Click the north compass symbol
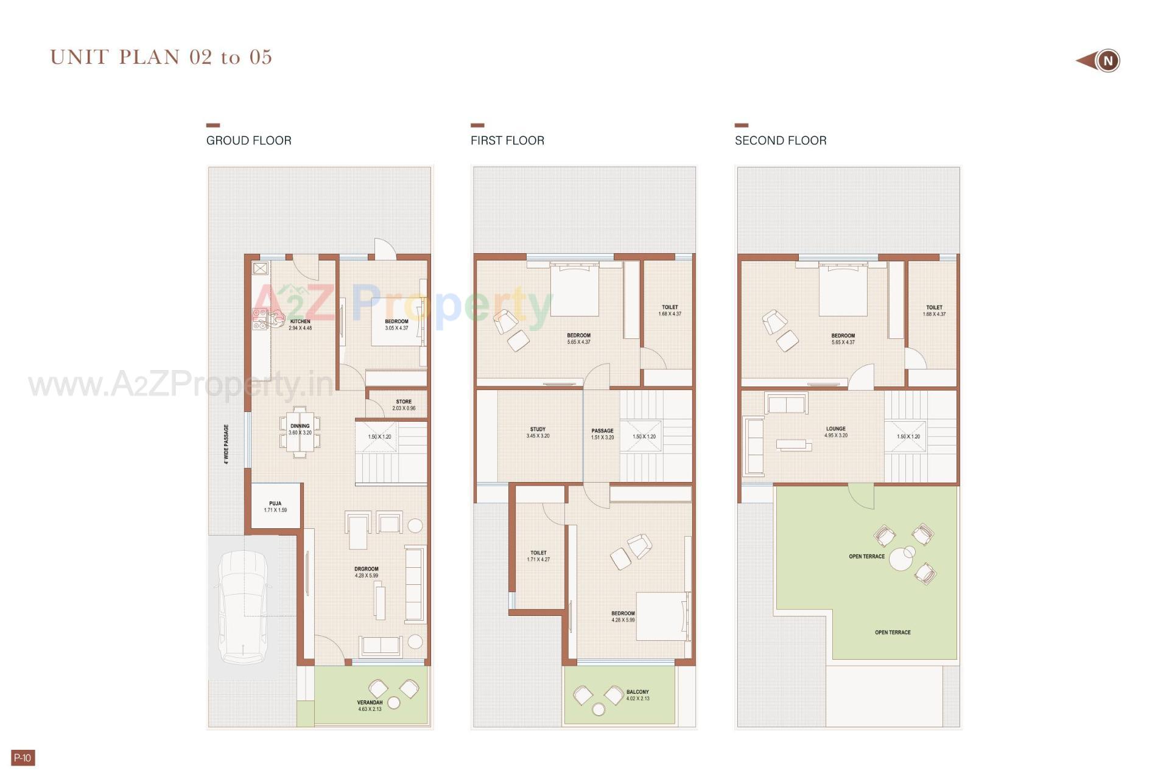click(x=1108, y=61)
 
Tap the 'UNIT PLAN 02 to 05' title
click(x=161, y=57)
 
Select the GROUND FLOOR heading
click(x=248, y=141)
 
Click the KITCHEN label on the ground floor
click(x=300, y=321)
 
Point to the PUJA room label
click(x=275, y=504)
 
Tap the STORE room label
click(x=404, y=402)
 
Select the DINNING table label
click(x=300, y=426)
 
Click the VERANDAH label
click(x=370, y=703)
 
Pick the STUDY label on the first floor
click(x=538, y=429)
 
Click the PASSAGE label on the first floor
click(x=602, y=431)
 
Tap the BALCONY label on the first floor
click(x=637, y=692)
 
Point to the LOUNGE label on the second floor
click(x=836, y=429)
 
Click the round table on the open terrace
click(x=901, y=559)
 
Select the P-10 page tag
click(x=23, y=758)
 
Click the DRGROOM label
click(x=367, y=569)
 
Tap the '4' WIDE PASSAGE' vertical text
click(x=226, y=444)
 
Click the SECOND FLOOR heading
click(x=781, y=141)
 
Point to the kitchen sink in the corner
click(x=261, y=268)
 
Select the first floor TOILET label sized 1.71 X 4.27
click(x=538, y=553)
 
